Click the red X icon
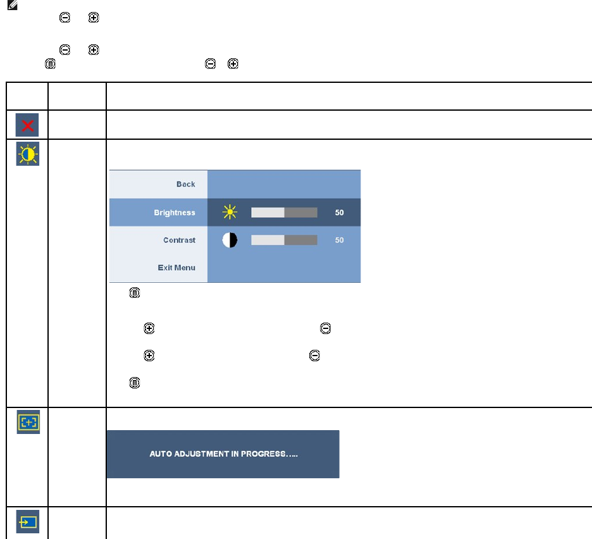point(28,125)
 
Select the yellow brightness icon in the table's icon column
point(28,154)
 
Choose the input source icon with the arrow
point(28,522)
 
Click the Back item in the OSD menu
point(185,184)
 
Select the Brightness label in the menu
point(174,213)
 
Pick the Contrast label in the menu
point(179,240)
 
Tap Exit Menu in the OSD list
point(176,268)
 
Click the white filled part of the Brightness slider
point(268,213)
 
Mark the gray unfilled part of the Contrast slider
point(301,240)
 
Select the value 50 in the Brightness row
point(340,213)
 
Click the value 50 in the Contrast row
point(340,240)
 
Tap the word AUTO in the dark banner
point(160,454)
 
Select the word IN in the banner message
point(234,454)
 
